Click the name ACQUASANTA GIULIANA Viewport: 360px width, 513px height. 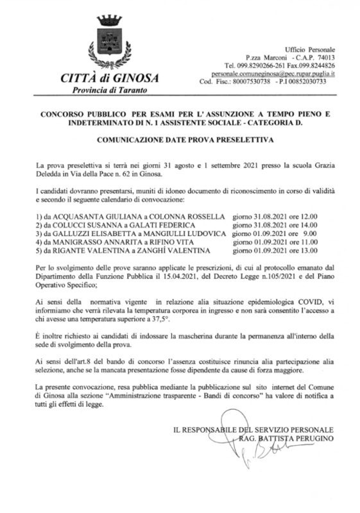[91, 216]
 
